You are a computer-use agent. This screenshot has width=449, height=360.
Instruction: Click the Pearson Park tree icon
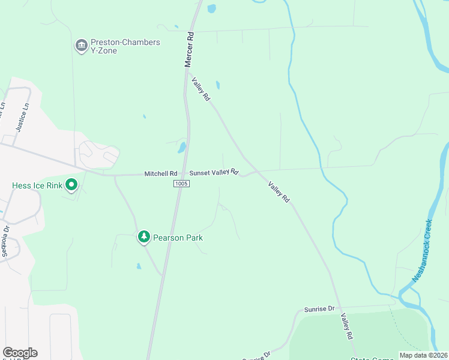click(143, 238)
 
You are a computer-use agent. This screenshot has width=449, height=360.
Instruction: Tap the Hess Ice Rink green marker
click(71, 185)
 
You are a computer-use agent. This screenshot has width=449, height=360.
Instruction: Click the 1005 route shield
click(181, 183)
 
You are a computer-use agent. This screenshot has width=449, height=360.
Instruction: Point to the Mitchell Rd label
click(161, 173)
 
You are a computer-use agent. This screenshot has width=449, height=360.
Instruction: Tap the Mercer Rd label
click(190, 49)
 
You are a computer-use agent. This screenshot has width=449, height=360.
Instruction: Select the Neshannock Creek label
click(422, 251)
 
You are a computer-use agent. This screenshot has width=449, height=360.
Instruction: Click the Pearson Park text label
click(178, 238)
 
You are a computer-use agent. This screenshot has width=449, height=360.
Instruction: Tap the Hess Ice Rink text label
click(37, 185)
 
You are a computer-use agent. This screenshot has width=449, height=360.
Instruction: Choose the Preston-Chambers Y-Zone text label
click(125, 46)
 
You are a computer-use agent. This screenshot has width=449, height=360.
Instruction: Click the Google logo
click(20, 353)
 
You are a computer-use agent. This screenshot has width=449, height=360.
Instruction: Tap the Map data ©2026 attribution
click(423, 355)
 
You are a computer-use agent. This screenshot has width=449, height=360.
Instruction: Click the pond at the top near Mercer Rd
click(211, 8)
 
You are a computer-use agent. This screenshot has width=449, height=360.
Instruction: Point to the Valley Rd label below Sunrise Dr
click(346, 327)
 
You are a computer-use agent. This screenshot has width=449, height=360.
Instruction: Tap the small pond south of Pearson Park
click(139, 266)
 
